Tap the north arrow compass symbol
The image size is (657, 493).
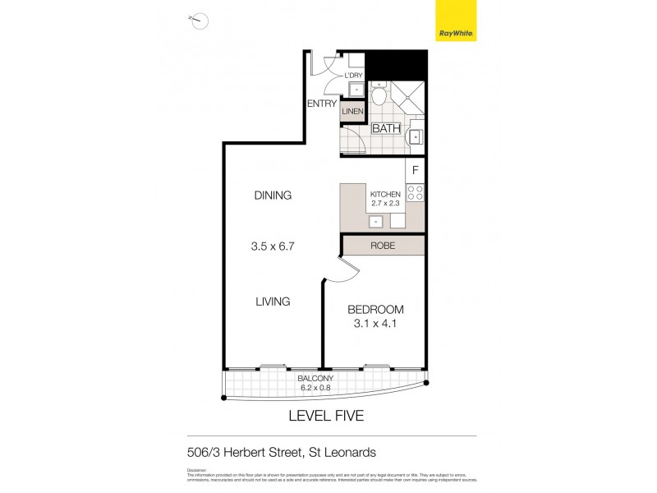pyautogui.click(x=198, y=21)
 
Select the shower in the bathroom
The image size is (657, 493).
pyautogui.click(x=407, y=99)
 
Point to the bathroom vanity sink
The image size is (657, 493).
pyautogui.click(x=415, y=136)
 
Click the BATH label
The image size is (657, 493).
pyautogui.click(x=385, y=129)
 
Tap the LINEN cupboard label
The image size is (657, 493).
pyautogui.click(x=353, y=111)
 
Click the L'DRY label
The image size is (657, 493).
pyautogui.click(x=354, y=76)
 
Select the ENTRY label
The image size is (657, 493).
pyautogui.click(x=322, y=104)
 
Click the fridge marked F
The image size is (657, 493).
pyautogui.click(x=416, y=171)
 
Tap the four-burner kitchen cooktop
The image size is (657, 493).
pyautogui.click(x=416, y=194)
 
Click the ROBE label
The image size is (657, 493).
pyautogui.click(x=384, y=244)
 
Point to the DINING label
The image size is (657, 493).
pyautogui.click(x=273, y=196)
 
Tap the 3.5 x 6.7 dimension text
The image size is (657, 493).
pyautogui.click(x=273, y=245)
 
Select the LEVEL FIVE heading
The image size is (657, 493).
pyautogui.click(x=325, y=417)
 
